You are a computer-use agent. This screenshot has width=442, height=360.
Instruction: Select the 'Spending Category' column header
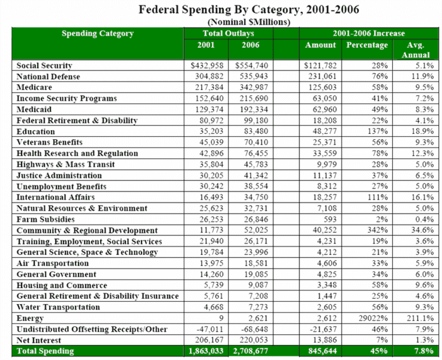(98, 34)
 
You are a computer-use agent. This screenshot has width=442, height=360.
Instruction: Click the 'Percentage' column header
(366, 45)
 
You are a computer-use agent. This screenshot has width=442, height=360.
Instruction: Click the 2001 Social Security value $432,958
(207, 65)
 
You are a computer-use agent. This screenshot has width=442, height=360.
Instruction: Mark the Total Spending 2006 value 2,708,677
(251, 351)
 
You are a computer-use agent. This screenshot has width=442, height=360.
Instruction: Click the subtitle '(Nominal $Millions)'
(223, 22)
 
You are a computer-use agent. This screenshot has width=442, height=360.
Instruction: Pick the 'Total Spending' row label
(46, 351)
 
